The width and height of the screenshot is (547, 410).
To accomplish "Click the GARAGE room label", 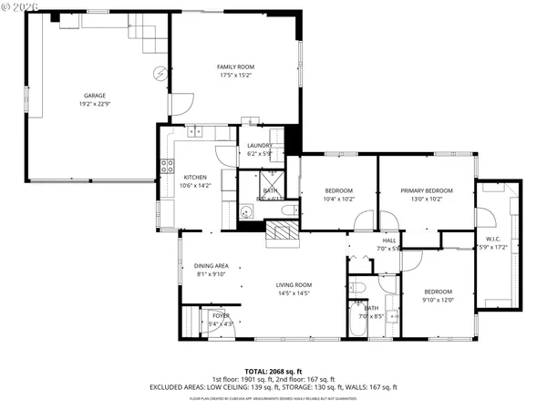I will [95, 95].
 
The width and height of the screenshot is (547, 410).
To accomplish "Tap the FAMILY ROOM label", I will [235, 67].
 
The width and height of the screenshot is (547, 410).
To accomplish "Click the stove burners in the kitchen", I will [168, 166].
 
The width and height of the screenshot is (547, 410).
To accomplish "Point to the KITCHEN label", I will [196, 177].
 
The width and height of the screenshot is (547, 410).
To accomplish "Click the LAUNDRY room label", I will [260, 146].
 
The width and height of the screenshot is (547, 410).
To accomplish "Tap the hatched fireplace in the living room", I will [283, 232].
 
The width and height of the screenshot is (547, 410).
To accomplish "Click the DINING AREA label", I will [211, 266].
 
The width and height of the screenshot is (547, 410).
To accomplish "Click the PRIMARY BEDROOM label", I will [426, 190].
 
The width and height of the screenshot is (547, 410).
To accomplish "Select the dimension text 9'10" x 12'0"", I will [438, 299].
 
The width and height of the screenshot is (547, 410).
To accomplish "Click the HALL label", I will [388, 240].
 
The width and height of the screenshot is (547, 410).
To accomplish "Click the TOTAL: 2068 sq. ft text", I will [273, 372].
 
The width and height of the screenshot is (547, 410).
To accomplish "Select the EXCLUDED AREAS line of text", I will [273, 386].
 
